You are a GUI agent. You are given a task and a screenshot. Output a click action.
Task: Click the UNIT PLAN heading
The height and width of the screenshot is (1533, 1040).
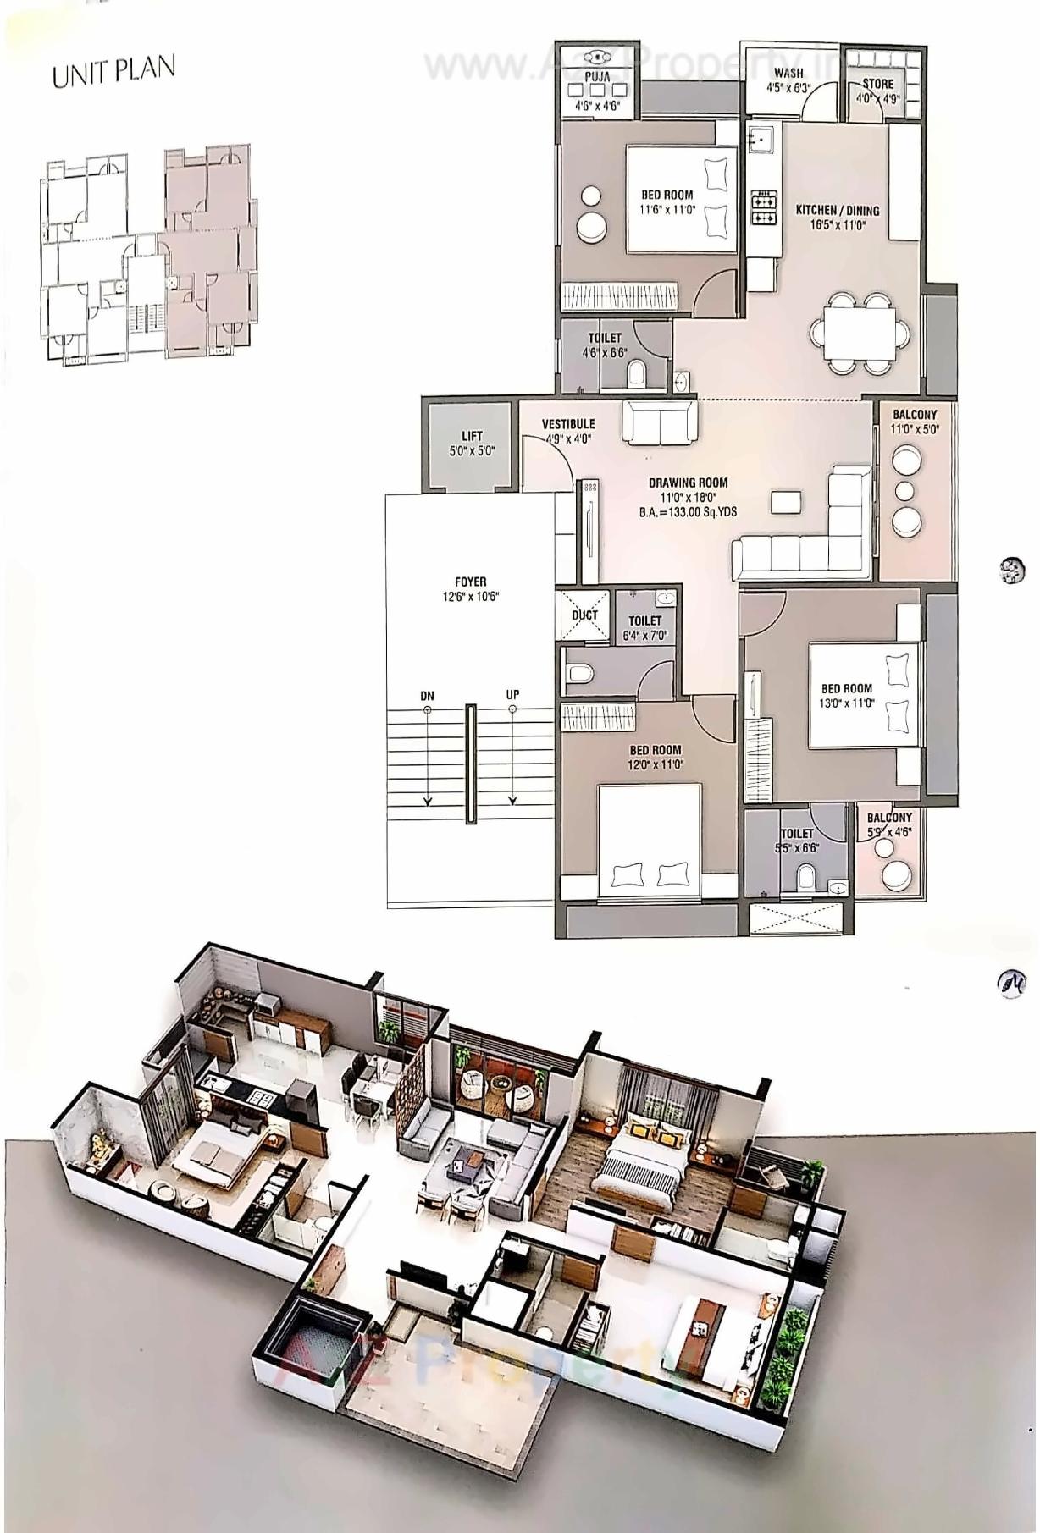(113, 71)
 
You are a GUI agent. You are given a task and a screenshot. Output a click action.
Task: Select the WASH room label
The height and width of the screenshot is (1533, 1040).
(788, 74)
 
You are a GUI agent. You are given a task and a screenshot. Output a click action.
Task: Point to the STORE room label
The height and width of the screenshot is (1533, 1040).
(877, 84)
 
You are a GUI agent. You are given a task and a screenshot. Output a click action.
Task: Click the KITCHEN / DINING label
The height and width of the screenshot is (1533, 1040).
(837, 211)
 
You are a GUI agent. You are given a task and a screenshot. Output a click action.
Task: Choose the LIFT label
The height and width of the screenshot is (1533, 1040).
(472, 437)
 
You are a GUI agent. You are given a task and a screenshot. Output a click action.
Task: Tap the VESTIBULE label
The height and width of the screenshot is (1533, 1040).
(568, 424)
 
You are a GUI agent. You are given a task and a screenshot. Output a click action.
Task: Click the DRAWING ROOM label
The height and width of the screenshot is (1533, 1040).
(689, 483)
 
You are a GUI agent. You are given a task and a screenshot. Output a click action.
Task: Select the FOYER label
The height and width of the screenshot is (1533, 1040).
(470, 582)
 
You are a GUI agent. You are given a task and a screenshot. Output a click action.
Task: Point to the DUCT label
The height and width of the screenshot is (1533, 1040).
(584, 615)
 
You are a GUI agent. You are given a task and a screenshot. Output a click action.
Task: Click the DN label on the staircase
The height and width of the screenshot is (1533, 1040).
(427, 696)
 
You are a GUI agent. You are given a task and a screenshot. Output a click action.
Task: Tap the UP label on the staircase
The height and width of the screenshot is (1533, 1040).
(512, 695)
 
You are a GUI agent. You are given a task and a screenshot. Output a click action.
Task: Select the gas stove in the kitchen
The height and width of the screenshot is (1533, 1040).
(764, 209)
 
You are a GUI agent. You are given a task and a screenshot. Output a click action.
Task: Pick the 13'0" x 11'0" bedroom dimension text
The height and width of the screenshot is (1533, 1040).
(846, 703)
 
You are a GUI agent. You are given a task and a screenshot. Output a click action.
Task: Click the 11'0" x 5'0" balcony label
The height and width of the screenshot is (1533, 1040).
(915, 429)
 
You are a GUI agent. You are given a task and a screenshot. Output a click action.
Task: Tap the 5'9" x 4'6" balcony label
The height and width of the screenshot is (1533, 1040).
(888, 833)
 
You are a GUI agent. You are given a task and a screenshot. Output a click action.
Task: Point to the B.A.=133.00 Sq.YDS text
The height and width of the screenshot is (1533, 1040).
(689, 512)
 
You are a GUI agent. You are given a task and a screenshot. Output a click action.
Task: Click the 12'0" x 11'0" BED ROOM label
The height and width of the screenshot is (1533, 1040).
(655, 750)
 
